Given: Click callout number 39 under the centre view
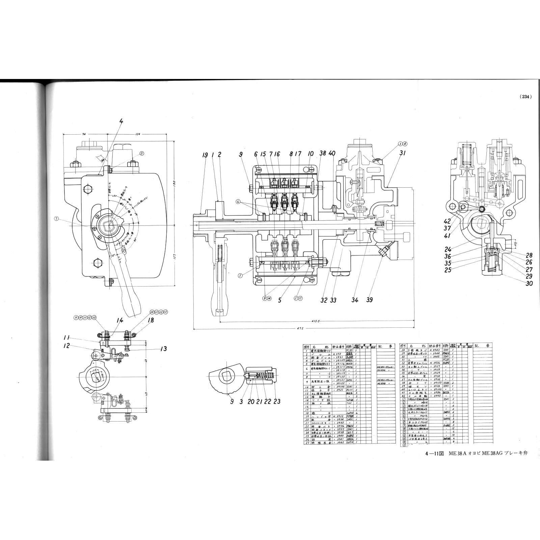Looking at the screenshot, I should coord(370,300).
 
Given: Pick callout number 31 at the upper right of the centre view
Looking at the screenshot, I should coord(402,153).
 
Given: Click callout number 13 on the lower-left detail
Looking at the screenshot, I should coord(163,349).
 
